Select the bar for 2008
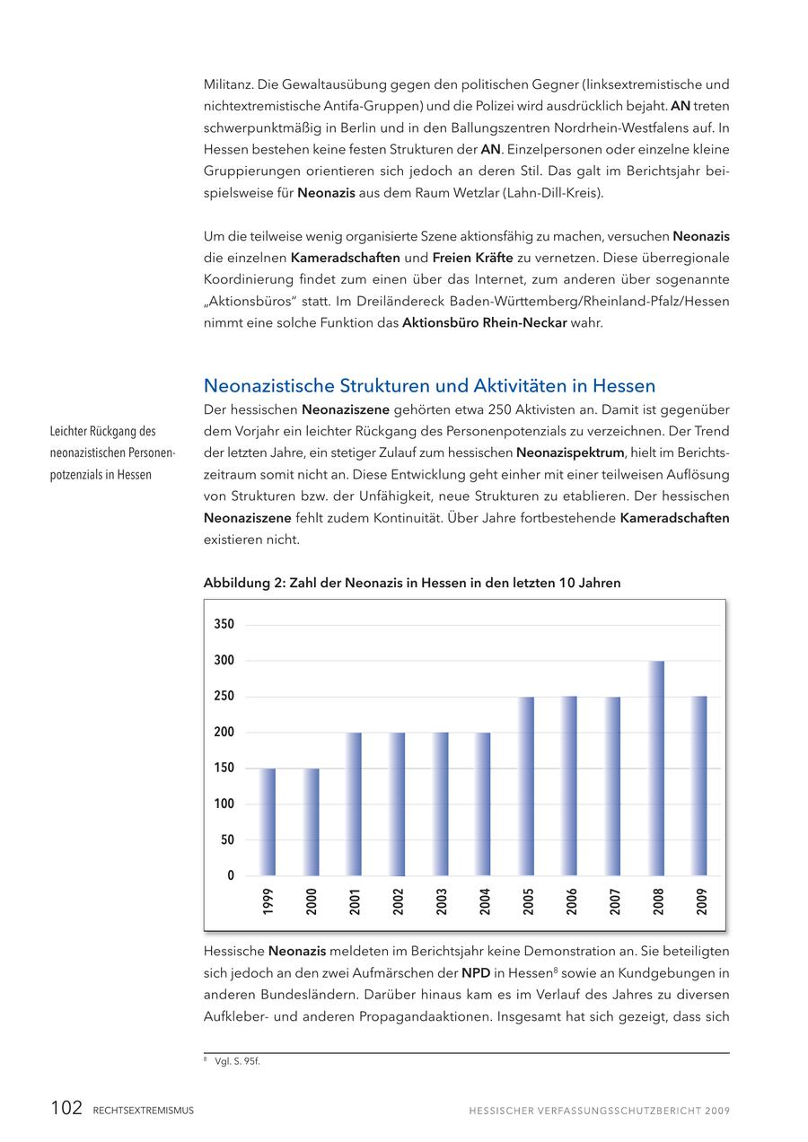click(657, 769)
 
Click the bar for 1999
click(268, 822)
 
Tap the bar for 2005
click(527, 786)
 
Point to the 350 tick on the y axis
click(224, 625)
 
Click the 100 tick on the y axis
click(224, 804)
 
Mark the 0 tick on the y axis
click(231, 875)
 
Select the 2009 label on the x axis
click(701, 901)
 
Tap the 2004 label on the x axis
click(485, 901)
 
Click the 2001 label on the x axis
click(355, 901)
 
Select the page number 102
click(66, 1109)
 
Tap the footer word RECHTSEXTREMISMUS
click(143, 1111)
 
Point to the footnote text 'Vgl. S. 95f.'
click(238, 1061)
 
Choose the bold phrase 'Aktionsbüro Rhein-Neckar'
click(484, 323)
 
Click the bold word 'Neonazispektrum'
click(569, 452)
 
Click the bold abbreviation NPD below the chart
click(476, 972)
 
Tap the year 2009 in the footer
click(717, 1111)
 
